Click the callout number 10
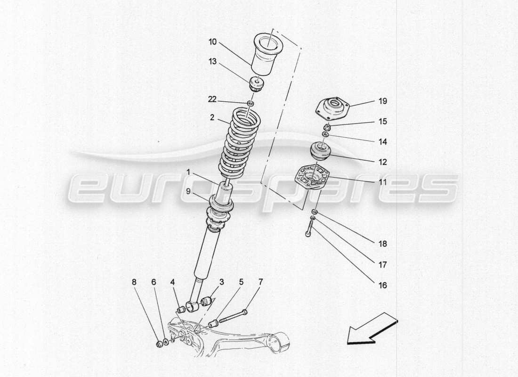tap(212, 42)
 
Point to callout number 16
tap(382, 285)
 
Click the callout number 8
tap(134, 282)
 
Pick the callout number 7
tap(260, 282)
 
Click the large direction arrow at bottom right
tap(372, 328)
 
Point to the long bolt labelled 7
tap(232, 317)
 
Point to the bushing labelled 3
tap(205, 301)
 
